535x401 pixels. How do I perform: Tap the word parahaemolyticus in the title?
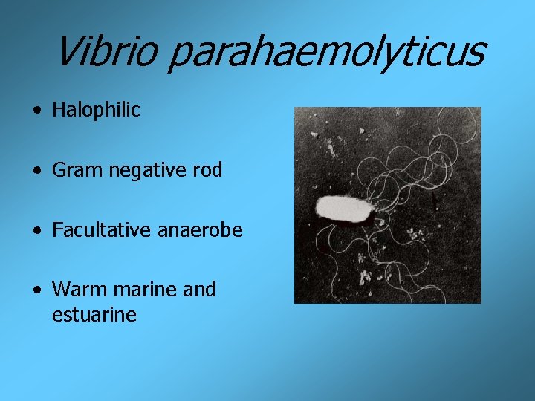click(x=325, y=53)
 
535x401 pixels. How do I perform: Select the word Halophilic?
click(x=96, y=111)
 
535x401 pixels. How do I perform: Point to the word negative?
click(x=145, y=170)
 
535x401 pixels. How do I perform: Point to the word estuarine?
click(x=94, y=315)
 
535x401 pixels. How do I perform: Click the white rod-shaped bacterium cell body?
click(x=345, y=209)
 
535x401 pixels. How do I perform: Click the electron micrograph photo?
click(x=387, y=204)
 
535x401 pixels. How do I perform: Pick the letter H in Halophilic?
click(x=59, y=111)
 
